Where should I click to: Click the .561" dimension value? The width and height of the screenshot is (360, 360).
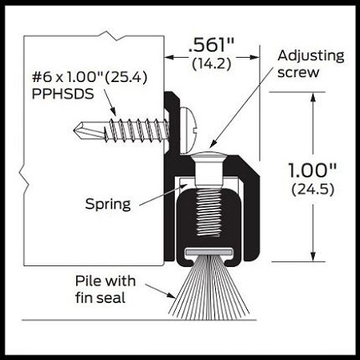point(212,44)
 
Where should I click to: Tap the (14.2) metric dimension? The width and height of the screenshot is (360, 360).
point(212,64)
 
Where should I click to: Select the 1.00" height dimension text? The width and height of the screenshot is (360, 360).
point(312,170)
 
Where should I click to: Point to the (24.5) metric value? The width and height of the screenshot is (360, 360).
point(313,190)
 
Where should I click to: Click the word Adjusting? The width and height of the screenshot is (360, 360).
point(311,56)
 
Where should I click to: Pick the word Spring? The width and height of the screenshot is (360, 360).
point(108,204)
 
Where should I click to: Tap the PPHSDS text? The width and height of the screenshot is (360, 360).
point(63,94)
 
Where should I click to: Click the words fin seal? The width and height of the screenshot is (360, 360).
point(100,297)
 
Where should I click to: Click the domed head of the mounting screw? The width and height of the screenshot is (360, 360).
point(188,130)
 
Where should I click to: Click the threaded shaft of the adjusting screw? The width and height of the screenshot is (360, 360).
point(208,212)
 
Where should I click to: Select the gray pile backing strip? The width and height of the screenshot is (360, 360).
point(208,253)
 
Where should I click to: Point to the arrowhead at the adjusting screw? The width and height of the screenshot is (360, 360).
point(213,143)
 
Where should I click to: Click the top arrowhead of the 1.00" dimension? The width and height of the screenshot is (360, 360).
point(313,97)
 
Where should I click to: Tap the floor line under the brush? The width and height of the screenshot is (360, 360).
point(139,320)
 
